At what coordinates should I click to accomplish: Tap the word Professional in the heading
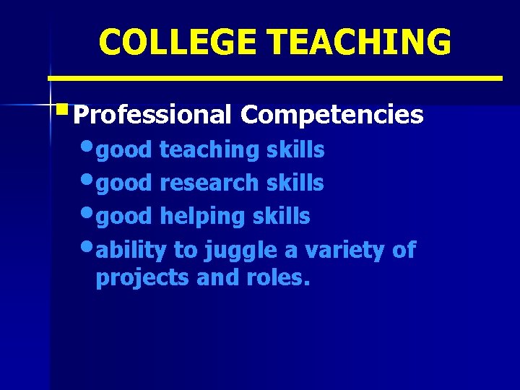coord(152,114)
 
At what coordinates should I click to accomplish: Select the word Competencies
coord(332,114)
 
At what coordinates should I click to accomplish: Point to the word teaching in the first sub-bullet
coord(209,150)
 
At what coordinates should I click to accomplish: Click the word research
coord(209,183)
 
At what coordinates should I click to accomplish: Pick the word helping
coord(201,216)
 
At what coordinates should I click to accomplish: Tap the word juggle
coord(235,250)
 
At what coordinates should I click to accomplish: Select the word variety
coord(337,250)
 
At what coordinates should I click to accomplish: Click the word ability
coord(132,250)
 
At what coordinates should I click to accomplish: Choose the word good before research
coord(124,183)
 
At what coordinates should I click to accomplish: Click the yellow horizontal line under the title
coord(274,77)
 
